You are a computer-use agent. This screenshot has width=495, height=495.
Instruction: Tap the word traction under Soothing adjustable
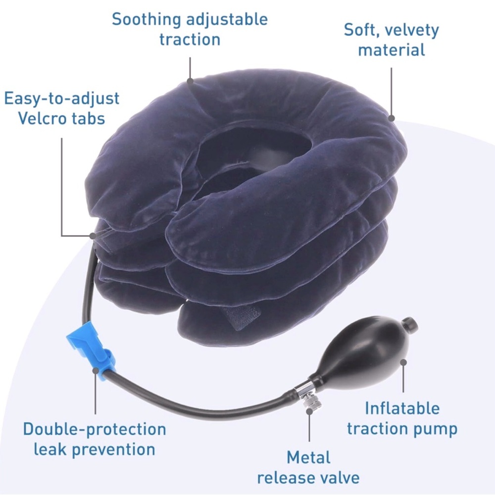pos(190,40)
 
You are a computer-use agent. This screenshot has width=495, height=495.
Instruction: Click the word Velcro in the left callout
pos(41,118)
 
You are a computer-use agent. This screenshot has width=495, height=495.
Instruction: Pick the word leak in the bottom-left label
pos(49,449)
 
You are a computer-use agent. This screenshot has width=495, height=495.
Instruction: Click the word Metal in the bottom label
pos(308,457)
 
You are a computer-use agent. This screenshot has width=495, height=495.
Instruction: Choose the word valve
pos(338,477)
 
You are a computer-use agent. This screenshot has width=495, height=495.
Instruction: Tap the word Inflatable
pos(402,408)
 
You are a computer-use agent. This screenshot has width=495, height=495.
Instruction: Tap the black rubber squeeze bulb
pos(363,355)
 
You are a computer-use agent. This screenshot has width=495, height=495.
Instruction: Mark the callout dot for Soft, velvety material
pos(392,118)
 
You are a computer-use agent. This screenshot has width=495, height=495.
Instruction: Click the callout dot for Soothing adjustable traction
pos(190,81)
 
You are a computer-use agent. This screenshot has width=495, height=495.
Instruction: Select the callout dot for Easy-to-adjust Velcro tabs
pos(93,236)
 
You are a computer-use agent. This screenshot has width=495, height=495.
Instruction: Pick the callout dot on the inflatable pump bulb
pos(403,362)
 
